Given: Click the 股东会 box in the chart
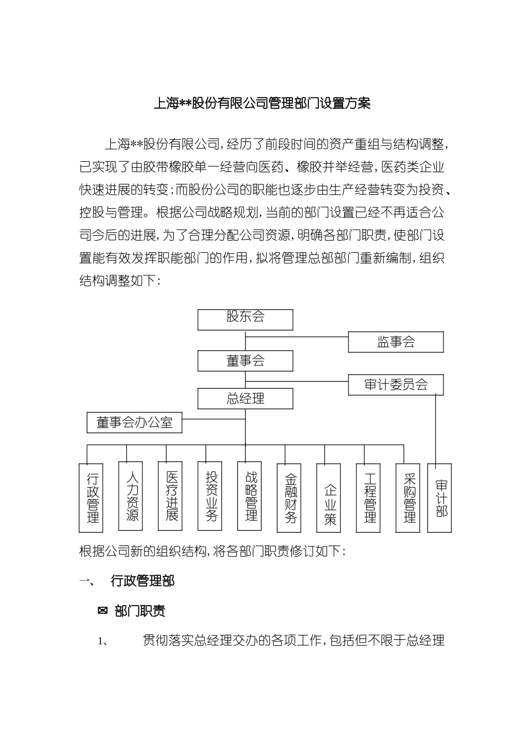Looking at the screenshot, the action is point(245,319).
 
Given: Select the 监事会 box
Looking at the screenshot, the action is point(395,342).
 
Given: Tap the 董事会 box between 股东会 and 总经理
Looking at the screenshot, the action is point(245,361).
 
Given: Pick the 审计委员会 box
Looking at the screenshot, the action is point(395,385).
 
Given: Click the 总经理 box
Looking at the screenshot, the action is point(245,399).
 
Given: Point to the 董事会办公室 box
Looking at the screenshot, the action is point(135,423).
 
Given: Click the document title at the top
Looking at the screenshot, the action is point(261,103).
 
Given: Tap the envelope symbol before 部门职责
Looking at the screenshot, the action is point(102,611).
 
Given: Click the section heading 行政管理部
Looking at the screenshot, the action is point(142,581).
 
